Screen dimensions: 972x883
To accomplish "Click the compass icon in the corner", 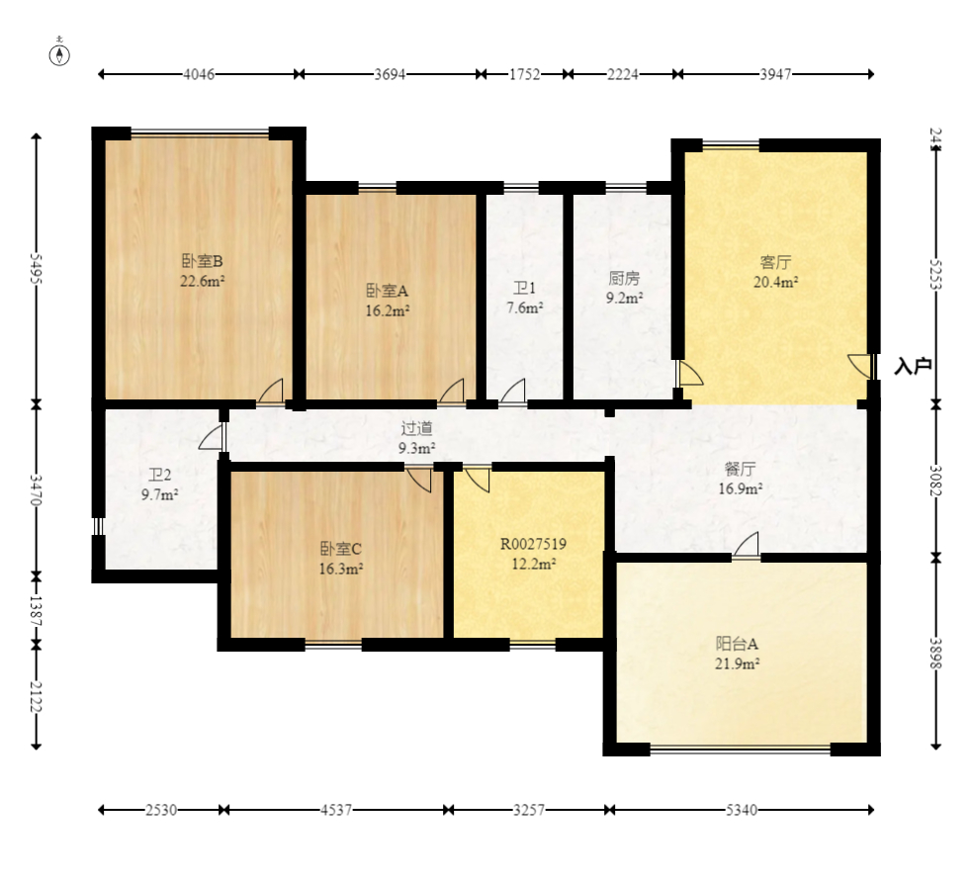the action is tap(59, 53).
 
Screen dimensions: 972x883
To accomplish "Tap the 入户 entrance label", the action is tap(913, 366).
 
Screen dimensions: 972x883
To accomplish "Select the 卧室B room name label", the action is tap(202, 261).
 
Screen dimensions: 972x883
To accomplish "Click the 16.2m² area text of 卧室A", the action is tap(388, 310).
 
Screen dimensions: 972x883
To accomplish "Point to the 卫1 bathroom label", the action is tap(524, 289).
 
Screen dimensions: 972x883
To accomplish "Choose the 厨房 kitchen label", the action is tap(624, 279).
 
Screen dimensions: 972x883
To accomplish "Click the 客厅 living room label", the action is tap(775, 262).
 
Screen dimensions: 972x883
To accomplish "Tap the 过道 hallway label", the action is tap(416, 428).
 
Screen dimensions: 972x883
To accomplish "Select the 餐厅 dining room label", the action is tap(741, 469).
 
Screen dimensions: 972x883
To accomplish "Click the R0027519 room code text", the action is tap(533, 544).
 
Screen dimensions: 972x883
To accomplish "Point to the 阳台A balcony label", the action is tap(737, 644).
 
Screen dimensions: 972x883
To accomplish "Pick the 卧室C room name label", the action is tap(340, 549).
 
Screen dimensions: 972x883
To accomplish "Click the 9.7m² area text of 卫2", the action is tap(160, 494).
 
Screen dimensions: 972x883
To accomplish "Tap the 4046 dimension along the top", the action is tap(199, 74).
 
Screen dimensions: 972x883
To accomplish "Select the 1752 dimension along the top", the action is tap(524, 74).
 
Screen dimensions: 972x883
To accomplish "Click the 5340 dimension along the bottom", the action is tap(742, 810).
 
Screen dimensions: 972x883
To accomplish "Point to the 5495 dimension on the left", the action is tap(36, 268).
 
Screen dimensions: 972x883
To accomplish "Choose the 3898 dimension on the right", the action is tap(936, 654).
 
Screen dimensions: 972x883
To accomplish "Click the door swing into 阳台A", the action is tap(747, 545).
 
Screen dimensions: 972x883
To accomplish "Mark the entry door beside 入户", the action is tap(860, 365).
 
